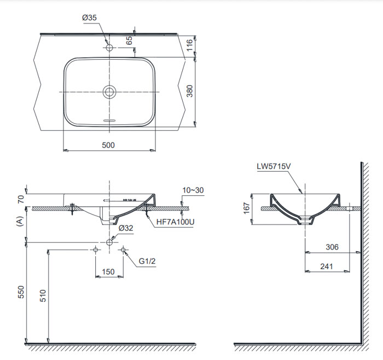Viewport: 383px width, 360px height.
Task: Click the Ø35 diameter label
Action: tap(90, 18)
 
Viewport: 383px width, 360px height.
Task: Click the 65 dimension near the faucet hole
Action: tap(129, 40)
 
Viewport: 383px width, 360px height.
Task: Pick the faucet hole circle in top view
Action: tap(109, 48)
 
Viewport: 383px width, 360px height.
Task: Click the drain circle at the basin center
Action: tap(109, 91)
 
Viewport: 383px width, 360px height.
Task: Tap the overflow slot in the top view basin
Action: tap(109, 119)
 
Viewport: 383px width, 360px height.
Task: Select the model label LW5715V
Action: tap(272, 167)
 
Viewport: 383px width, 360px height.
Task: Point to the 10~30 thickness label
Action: tap(193, 190)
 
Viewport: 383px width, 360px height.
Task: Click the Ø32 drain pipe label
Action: tap(126, 228)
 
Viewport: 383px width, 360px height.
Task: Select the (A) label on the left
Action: tap(21, 221)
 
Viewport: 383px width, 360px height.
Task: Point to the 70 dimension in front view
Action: tap(21, 199)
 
